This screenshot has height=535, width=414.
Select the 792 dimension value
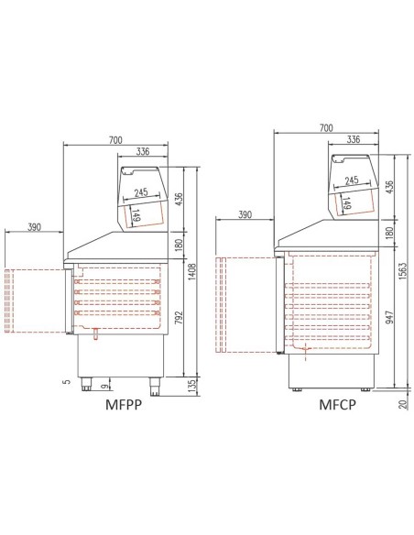(180, 318)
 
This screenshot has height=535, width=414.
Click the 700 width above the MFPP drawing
(114, 140)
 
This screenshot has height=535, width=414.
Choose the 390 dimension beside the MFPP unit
(34, 228)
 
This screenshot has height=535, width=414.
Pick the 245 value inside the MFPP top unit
(140, 193)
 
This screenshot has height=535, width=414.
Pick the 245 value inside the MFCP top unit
(351, 180)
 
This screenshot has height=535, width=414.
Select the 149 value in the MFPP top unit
(135, 216)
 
